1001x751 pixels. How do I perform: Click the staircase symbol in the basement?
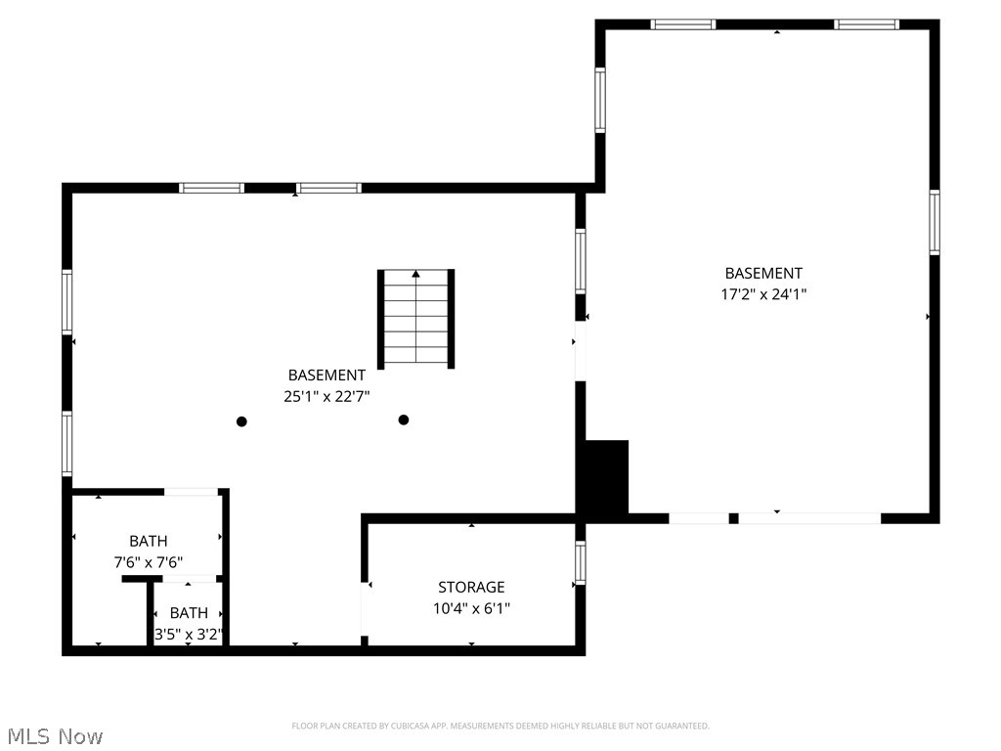click(416, 319)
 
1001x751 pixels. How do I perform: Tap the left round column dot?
click(241, 421)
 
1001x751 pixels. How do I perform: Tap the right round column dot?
click(403, 420)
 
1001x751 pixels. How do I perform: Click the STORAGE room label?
click(471, 587)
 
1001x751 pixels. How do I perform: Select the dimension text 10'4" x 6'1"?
click(472, 608)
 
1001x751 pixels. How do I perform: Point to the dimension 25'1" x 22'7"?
click(326, 396)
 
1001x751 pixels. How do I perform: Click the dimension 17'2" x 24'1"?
click(763, 293)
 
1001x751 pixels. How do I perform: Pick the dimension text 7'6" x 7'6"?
click(148, 562)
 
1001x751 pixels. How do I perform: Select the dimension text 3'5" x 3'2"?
click(190, 634)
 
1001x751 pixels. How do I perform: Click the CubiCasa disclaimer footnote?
click(500, 726)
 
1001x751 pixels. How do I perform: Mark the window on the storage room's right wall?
click(580, 563)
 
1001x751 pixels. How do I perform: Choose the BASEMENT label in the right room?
click(763, 273)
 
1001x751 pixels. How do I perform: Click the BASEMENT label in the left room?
click(326, 375)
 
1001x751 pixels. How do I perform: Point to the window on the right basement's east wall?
click(934, 222)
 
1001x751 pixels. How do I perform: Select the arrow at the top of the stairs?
click(416, 275)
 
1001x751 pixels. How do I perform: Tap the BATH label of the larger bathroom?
click(148, 541)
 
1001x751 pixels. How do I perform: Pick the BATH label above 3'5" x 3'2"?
click(189, 613)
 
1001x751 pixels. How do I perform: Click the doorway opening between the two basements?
click(580, 350)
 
